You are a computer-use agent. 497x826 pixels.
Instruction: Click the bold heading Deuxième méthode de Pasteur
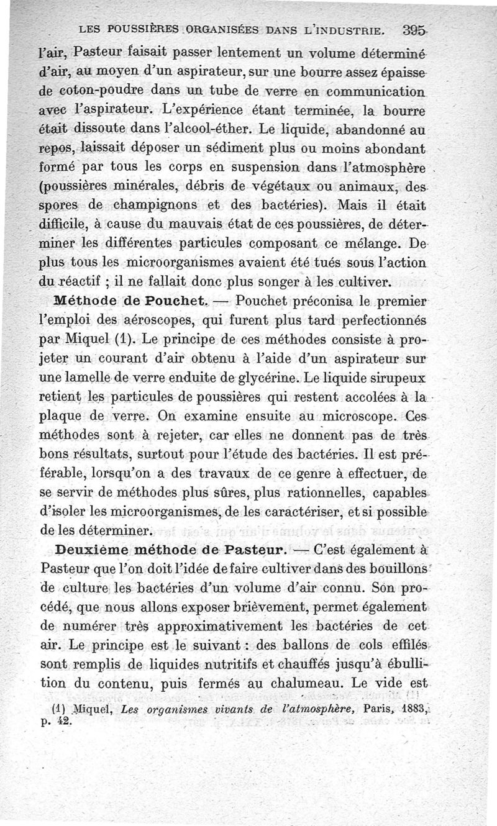pos(170,550)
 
